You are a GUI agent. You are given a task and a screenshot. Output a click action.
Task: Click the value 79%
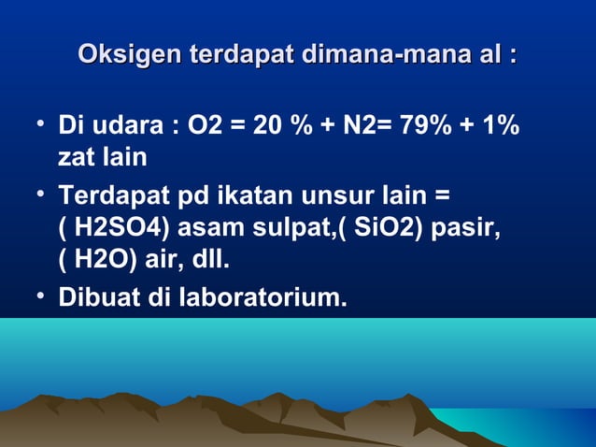coord(426,125)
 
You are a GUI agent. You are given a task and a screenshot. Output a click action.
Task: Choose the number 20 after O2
coord(269,125)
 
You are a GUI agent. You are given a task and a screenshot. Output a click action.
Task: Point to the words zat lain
coord(102,157)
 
